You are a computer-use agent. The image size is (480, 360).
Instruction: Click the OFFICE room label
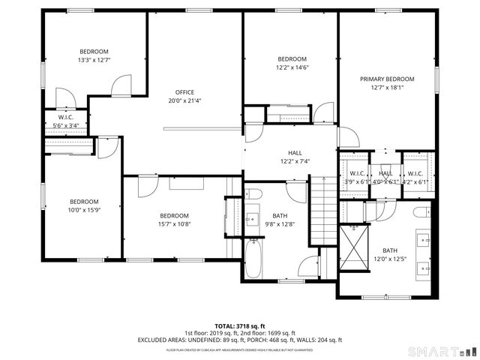pos(184,92)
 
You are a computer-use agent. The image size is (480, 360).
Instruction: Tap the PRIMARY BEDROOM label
pos(387,79)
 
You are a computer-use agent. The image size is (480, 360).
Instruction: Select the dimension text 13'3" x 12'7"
pos(94,60)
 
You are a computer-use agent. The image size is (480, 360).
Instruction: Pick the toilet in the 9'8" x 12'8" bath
pos(253,195)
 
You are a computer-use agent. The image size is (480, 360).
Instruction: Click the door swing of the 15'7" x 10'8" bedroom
pos(146,184)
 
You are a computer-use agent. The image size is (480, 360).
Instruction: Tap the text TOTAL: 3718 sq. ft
pos(240,325)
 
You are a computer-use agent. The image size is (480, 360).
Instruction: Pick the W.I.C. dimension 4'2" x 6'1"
pos(415,181)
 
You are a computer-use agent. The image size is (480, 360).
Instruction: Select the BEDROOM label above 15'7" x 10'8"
pos(173,215)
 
